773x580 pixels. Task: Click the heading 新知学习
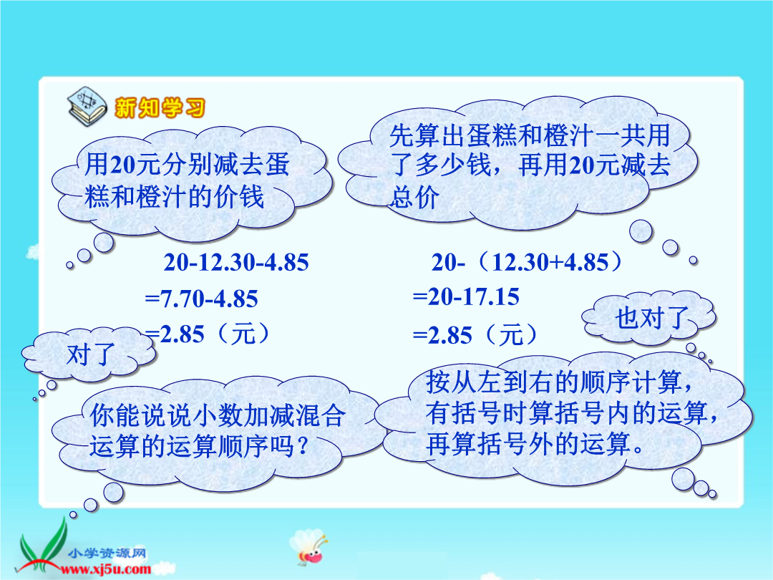[x=160, y=108]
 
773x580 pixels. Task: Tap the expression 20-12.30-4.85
[x=236, y=262]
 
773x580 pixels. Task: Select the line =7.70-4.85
[x=201, y=299]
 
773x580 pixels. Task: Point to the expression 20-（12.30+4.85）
[x=527, y=262]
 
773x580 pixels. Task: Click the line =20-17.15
[x=466, y=297]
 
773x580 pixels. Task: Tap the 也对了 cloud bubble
[x=648, y=318]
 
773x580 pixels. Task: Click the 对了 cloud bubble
[x=89, y=354]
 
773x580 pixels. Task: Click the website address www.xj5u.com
[x=105, y=570]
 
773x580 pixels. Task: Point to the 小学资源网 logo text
[x=107, y=554]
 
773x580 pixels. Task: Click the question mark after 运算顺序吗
[x=303, y=446]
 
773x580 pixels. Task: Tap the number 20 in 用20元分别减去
[x=123, y=164]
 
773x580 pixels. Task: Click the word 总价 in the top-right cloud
[x=414, y=197]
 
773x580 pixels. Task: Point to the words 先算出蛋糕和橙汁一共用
[x=530, y=135]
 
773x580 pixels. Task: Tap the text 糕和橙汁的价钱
[x=175, y=197]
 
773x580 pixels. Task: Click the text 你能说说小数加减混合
[x=218, y=416]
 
